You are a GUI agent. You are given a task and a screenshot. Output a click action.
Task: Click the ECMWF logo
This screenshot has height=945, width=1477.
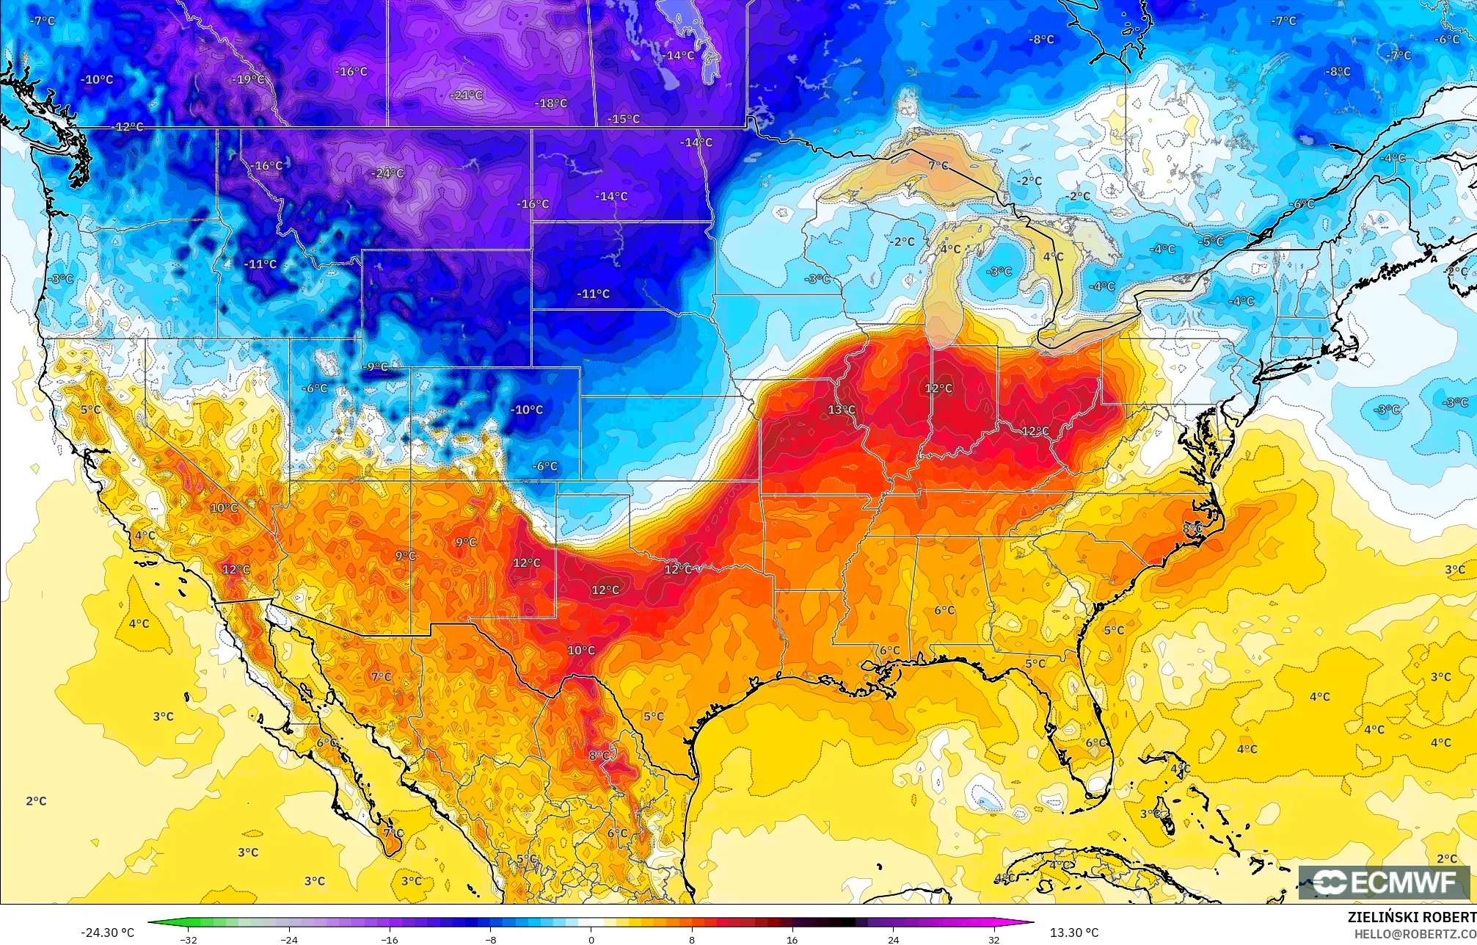(1384, 883)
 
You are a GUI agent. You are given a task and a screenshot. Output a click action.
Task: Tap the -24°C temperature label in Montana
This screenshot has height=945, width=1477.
(389, 174)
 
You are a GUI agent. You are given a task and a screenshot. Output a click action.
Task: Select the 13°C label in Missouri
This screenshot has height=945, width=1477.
(842, 410)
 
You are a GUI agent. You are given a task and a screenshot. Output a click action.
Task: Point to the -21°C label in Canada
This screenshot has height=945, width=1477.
(467, 95)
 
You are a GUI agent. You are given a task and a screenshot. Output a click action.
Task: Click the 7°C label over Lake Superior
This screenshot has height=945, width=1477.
(938, 166)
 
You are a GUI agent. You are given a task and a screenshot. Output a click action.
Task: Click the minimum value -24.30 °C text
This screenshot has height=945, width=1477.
(107, 933)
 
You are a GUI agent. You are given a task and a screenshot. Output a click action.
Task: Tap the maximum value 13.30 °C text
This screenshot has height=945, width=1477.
(1074, 933)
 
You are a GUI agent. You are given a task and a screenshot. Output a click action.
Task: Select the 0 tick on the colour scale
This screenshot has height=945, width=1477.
(591, 939)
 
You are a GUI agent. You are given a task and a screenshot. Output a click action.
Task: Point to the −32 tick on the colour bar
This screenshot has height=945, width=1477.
(189, 939)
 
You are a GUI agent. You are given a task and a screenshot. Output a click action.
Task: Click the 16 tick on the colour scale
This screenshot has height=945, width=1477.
(792, 939)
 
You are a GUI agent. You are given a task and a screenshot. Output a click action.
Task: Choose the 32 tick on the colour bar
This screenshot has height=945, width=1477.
(993, 939)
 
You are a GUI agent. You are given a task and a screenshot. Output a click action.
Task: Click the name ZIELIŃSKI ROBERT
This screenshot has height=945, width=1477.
(1411, 917)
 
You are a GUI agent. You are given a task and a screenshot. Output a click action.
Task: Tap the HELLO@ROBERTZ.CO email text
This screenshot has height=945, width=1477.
(1415, 934)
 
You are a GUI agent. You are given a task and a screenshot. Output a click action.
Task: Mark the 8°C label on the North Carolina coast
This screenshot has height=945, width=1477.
(1192, 528)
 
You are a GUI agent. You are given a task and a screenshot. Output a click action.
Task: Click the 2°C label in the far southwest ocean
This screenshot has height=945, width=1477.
(36, 801)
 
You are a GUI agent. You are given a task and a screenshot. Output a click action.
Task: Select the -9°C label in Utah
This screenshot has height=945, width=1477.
(376, 367)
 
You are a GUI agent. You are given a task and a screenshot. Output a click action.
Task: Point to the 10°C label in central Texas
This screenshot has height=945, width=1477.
(581, 651)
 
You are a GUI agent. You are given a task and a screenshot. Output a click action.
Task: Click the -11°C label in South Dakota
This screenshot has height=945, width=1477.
(594, 294)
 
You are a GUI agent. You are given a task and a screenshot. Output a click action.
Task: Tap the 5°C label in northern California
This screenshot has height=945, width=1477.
(90, 410)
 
